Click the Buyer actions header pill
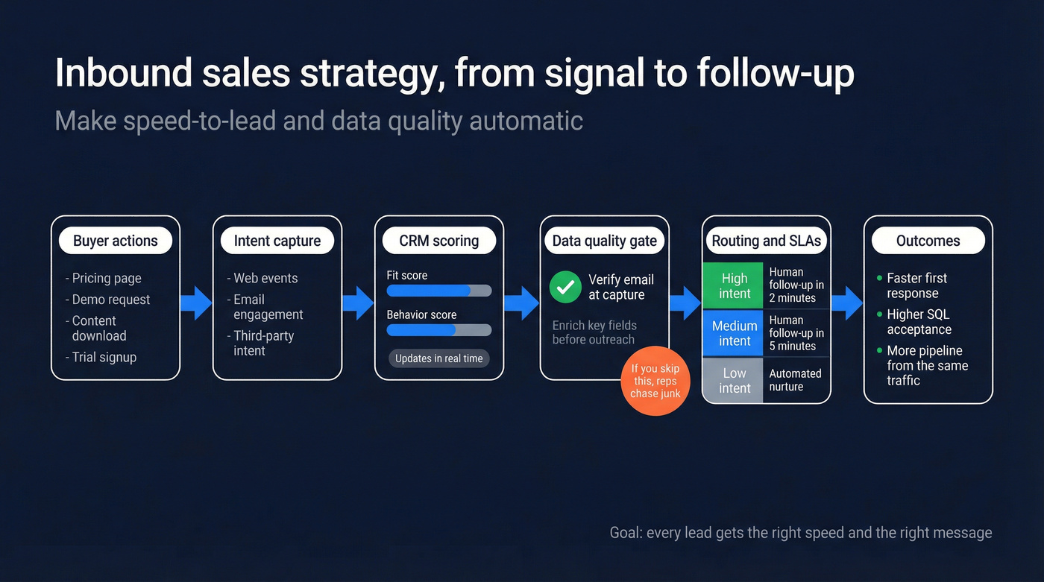116,241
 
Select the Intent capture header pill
277,241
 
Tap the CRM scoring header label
439,241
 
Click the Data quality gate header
605,241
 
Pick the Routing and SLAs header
767,241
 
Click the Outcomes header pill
928,241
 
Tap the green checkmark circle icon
566,287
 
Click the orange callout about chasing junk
655,381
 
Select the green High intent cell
734,285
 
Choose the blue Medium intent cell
734,333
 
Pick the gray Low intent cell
734,380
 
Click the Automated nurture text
795,380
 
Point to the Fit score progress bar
438,291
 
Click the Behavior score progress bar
438,329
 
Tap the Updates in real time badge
438,358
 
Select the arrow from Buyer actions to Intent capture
197,302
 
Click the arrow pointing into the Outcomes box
846,302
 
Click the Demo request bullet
111,300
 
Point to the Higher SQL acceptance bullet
919,322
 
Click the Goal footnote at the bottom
801,533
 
